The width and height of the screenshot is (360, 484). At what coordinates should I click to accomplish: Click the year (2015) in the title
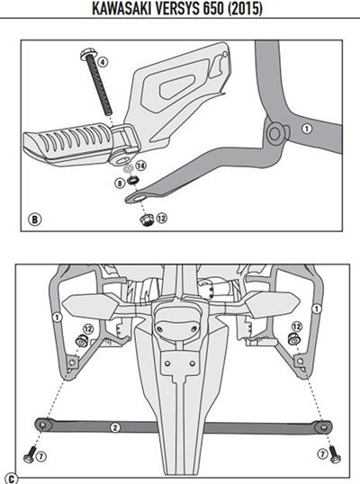point(245,8)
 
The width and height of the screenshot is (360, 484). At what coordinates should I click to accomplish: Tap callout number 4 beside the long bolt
point(103,62)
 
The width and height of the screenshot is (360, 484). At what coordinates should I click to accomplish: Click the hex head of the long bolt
point(86,55)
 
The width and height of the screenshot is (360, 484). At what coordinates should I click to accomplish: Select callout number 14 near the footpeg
point(141,166)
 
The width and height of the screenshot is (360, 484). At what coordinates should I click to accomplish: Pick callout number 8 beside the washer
point(120,184)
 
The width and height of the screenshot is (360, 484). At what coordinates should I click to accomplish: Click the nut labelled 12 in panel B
point(147,220)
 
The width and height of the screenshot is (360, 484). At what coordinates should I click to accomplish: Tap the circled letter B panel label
point(34,220)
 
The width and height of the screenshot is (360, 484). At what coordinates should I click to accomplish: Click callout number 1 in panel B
point(306,129)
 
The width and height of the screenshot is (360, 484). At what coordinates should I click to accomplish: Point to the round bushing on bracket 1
point(274,134)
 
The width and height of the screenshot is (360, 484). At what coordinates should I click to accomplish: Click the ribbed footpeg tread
point(67,142)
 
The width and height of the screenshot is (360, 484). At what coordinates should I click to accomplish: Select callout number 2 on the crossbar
point(115,427)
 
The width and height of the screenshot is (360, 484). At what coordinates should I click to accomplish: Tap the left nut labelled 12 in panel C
point(82,341)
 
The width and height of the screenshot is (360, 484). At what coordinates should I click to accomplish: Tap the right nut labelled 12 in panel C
point(293,339)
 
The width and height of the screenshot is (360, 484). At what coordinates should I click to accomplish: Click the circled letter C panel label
point(12,479)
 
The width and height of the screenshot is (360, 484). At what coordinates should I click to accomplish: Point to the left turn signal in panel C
point(89,306)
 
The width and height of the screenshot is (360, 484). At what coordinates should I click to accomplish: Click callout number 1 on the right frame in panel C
point(316,309)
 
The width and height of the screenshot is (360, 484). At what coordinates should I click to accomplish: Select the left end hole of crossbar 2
point(42,426)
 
